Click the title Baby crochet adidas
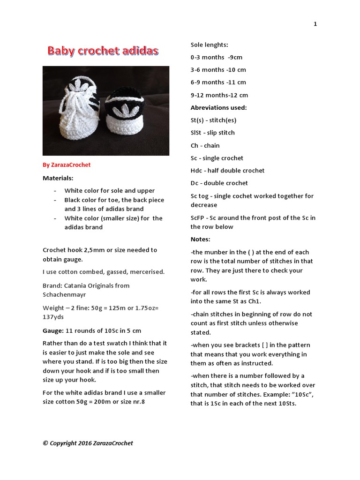(x=103, y=51)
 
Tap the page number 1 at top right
(x=315, y=24)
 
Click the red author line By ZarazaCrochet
(x=67, y=165)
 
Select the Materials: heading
(x=58, y=178)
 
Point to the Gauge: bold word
(x=53, y=330)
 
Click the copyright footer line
(x=88, y=443)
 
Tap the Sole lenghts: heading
(x=209, y=45)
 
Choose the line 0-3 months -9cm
(x=216, y=57)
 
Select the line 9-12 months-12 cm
(x=219, y=95)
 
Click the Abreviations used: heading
(x=218, y=107)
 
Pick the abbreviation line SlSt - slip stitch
(x=212, y=133)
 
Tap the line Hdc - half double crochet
(x=227, y=171)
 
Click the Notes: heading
(x=200, y=239)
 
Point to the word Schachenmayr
(x=65, y=295)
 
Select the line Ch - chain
(x=205, y=145)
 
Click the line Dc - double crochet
(x=219, y=183)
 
